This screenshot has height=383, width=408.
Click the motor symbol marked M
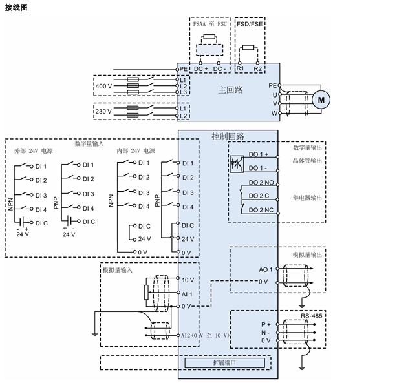pos(321,99)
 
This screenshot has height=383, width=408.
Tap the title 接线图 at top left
pos(17,7)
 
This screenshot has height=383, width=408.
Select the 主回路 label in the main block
pos(230,90)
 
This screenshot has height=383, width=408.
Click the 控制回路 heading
pos(228,136)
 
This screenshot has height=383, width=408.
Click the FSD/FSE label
pos(250,23)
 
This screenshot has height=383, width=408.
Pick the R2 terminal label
pos(258,68)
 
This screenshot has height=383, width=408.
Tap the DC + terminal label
pos(201,68)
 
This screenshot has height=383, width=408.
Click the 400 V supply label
pos(103,86)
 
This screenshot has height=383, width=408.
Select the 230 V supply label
pos(103,112)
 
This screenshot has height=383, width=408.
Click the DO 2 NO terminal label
pos(261,183)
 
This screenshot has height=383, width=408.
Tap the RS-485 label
pos(312,316)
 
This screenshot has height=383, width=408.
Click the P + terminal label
pos(265,324)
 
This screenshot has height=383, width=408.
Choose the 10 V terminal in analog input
pos(188,280)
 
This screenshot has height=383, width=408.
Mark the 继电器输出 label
pos(307,198)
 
